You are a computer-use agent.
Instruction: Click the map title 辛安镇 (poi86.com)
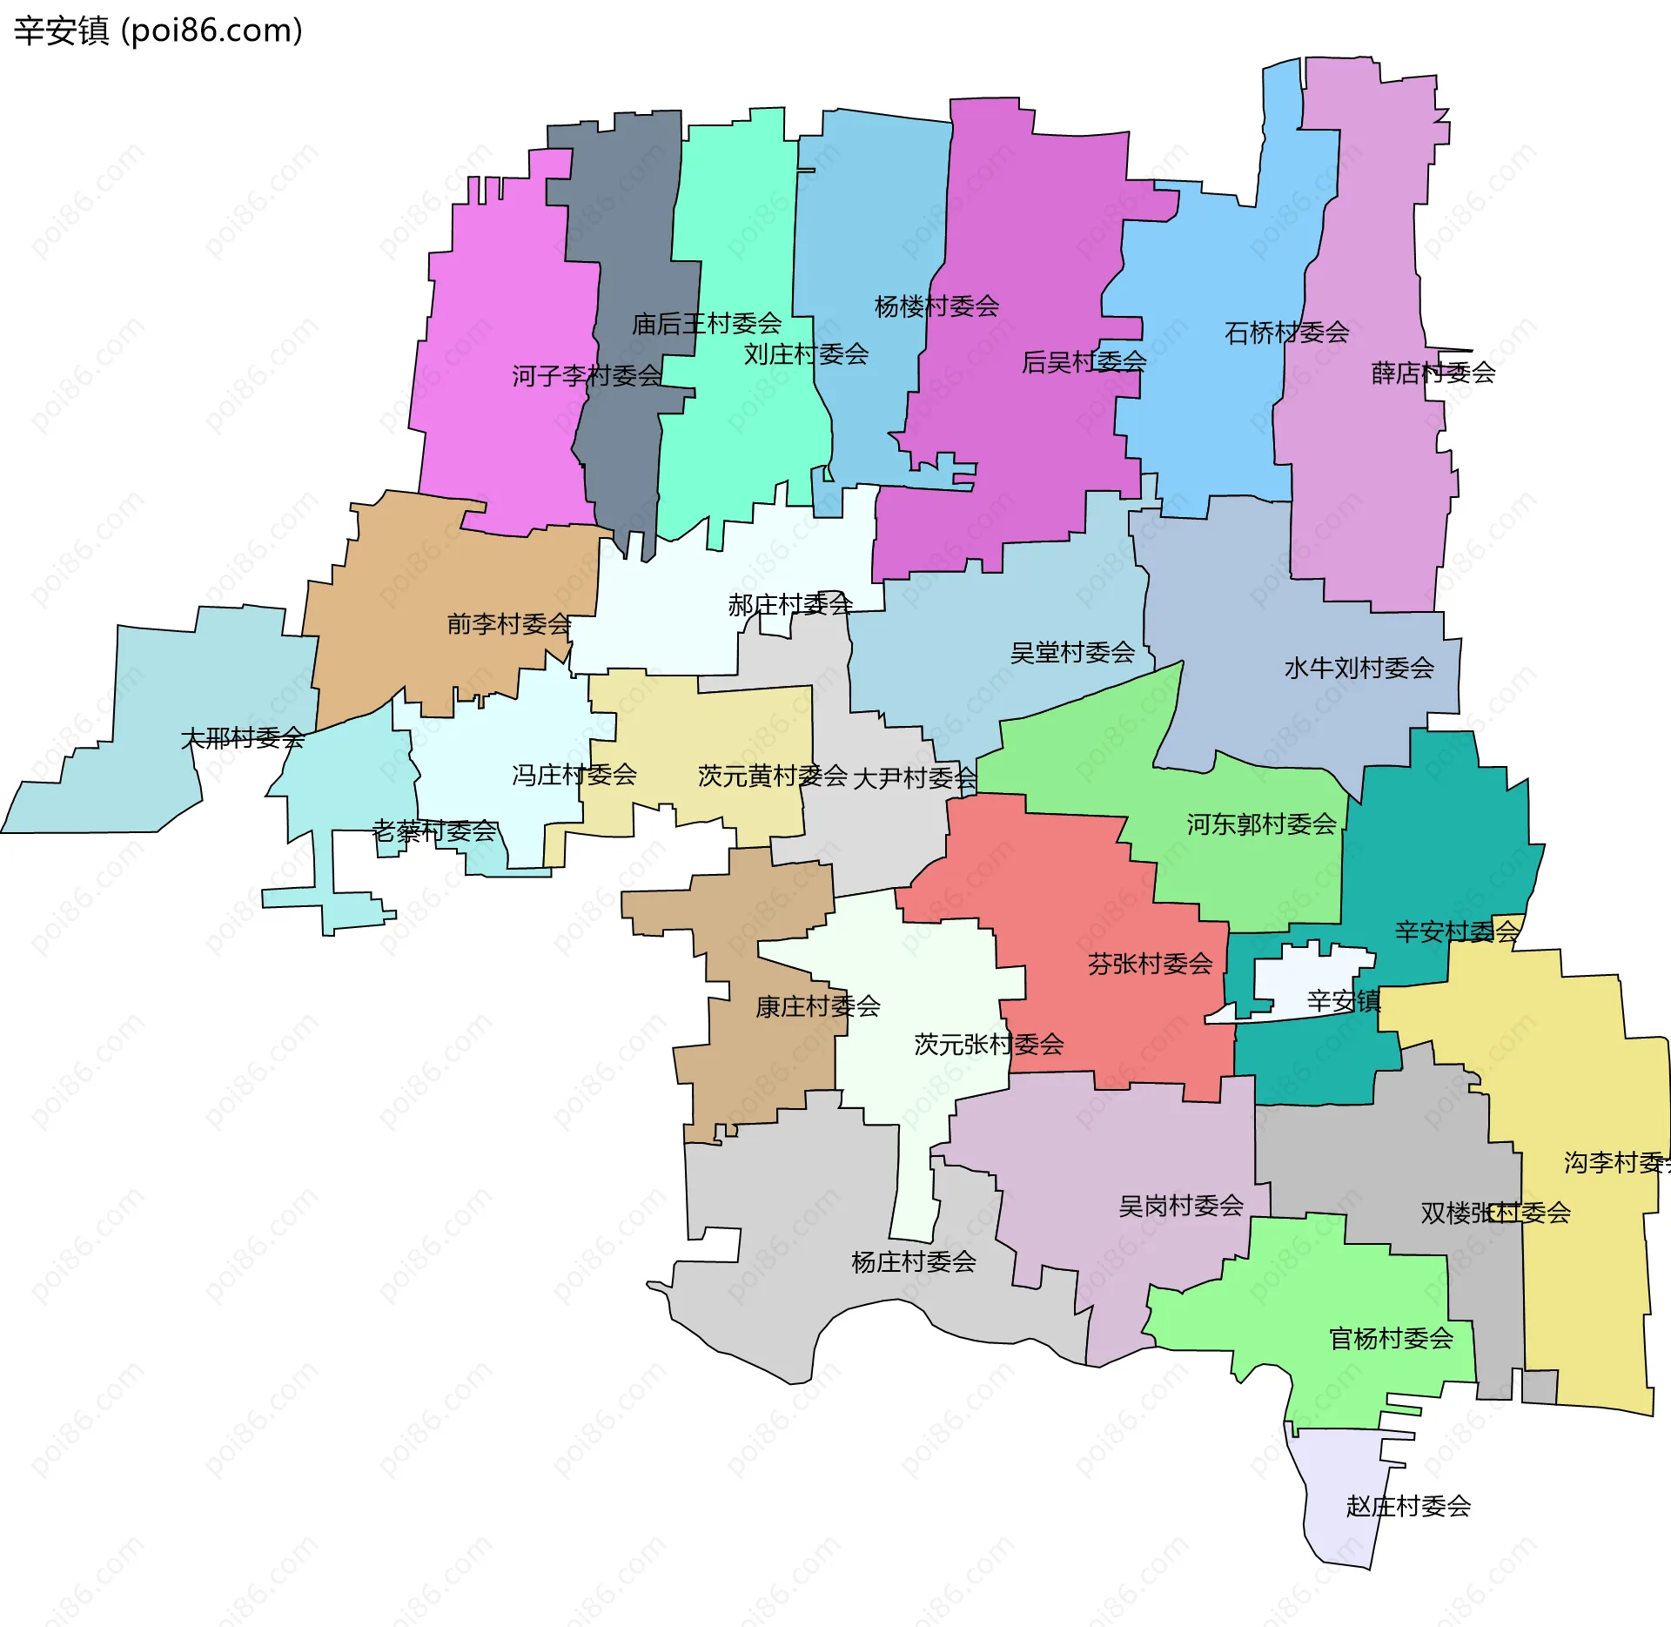point(158,30)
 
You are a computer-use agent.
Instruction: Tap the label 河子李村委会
point(587,376)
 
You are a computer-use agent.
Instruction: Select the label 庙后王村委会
point(707,324)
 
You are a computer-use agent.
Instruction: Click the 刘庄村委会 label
point(806,354)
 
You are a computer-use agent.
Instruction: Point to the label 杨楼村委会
point(936,306)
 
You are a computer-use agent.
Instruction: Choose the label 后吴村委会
point(1084,361)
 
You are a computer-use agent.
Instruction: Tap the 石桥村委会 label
point(1286,333)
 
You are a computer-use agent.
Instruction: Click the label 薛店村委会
point(1433,373)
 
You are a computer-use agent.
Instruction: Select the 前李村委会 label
point(508,624)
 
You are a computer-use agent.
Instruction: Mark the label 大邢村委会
point(242,739)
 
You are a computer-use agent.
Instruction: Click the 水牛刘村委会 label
point(1359,669)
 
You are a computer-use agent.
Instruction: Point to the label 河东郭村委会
point(1261,824)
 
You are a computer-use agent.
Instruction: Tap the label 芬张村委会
point(1150,964)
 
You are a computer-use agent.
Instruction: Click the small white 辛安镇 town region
point(1305,975)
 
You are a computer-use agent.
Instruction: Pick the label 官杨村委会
point(1391,1339)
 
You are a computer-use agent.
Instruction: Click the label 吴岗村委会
point(1180,1207)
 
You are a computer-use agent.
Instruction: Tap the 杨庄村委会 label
point(913,1262)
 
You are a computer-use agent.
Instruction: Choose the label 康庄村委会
point(817,1007)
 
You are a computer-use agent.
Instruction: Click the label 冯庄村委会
point(574,775)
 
